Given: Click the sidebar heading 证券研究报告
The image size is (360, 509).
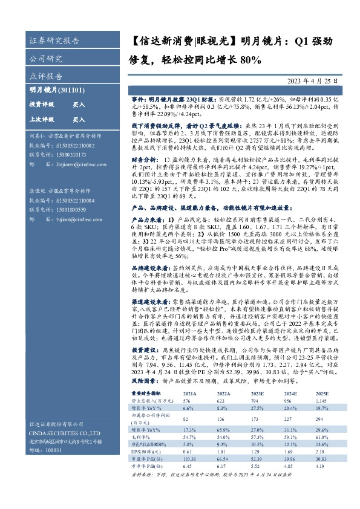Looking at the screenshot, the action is click(54, 41).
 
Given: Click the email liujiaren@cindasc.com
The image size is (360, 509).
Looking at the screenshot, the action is click(75, 163).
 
